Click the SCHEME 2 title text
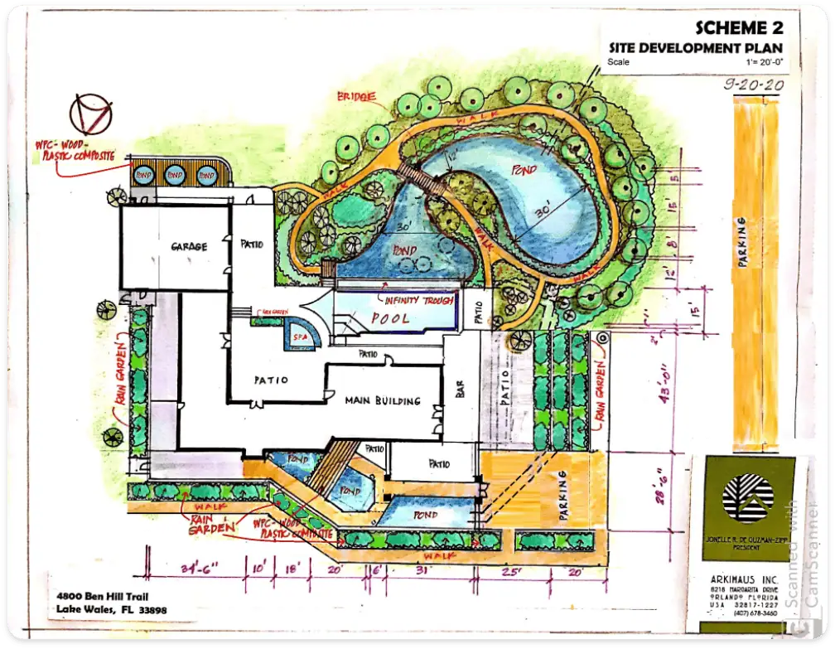click(x=737, y=27)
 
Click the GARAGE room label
click(x=189, y=247)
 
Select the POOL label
click(x=391, y=318)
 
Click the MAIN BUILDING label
click(x=383, y=401)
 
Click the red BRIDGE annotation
click(x=356, y=98)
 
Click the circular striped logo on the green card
click(x=746, y=496)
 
